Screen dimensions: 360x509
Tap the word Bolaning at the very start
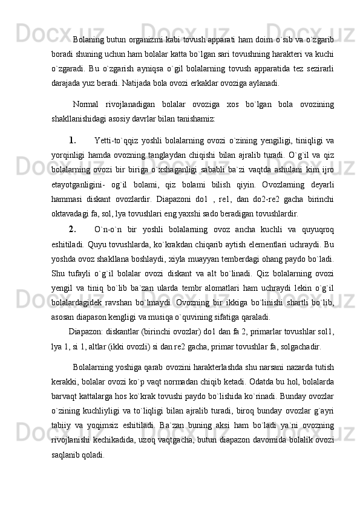(89, 40)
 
